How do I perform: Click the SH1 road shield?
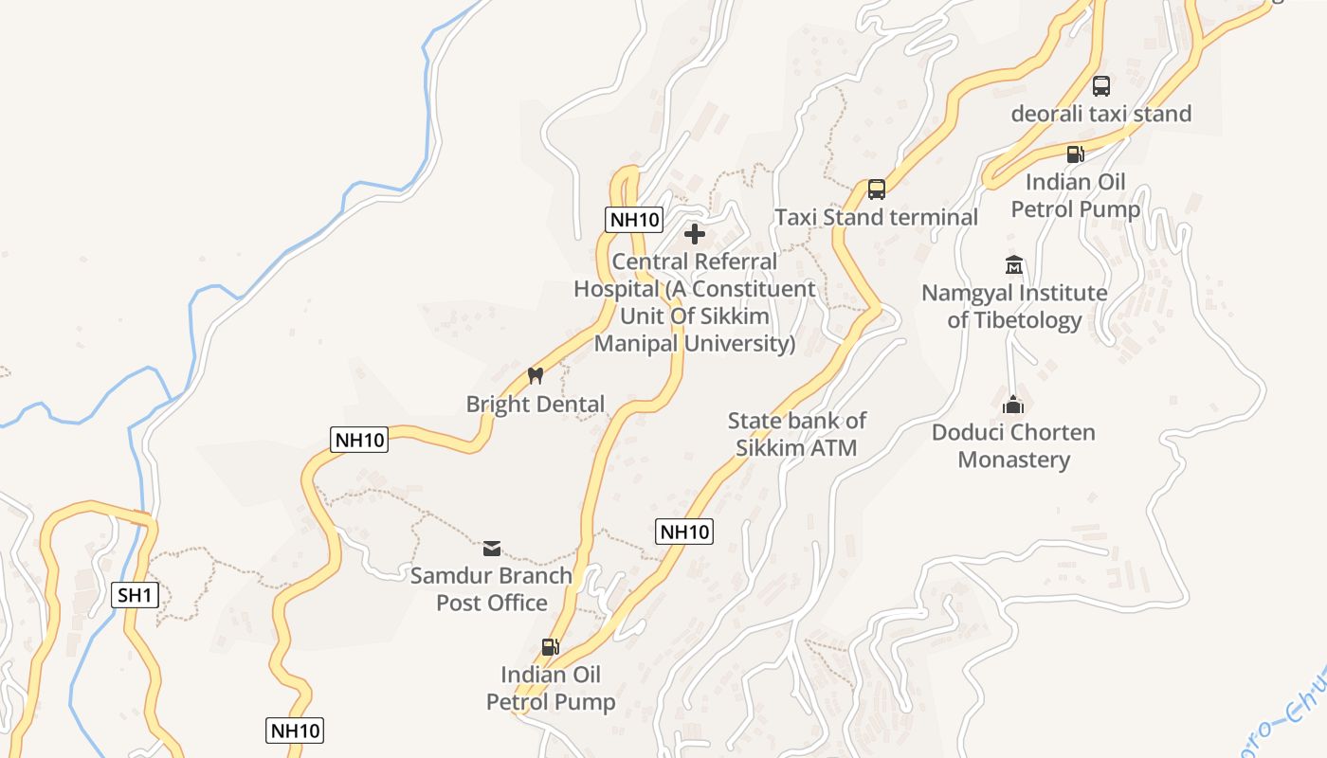click(135, 595)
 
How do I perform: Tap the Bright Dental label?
click(535, 405)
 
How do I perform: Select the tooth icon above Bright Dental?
click(535, 375)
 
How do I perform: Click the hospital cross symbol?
click(695, 234)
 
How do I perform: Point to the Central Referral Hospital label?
click(695, 302)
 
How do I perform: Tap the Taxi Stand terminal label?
click(876, 217)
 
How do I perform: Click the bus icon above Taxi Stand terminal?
click(877, 189)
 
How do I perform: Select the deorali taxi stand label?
click(1100, 114)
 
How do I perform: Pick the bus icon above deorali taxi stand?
click(1100, 85)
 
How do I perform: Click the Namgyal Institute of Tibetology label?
click(1014, 306)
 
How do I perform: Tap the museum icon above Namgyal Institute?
click(1014, 264)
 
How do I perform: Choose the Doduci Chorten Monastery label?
click(1013, 446)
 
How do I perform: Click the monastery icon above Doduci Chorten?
click(1013, 405)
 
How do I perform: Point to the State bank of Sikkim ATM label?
click(796, 434)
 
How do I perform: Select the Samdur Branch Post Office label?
click(491, 588)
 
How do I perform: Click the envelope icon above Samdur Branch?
click(491, 548)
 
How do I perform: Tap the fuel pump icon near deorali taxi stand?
click(1075, 153)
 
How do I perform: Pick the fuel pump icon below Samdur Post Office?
click(550, 647)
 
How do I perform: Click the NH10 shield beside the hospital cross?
click(633, 220)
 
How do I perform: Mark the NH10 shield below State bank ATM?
click(683, 532)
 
